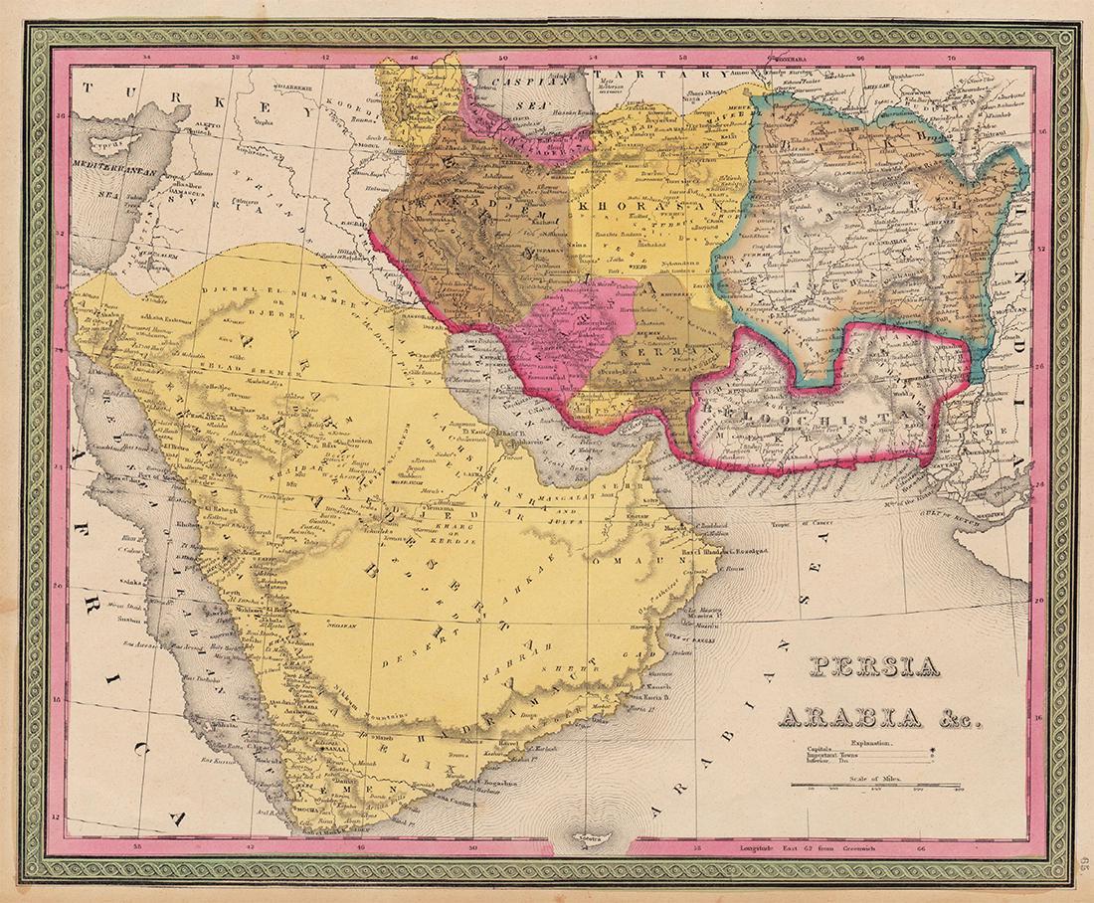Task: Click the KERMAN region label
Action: coord(650,352)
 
